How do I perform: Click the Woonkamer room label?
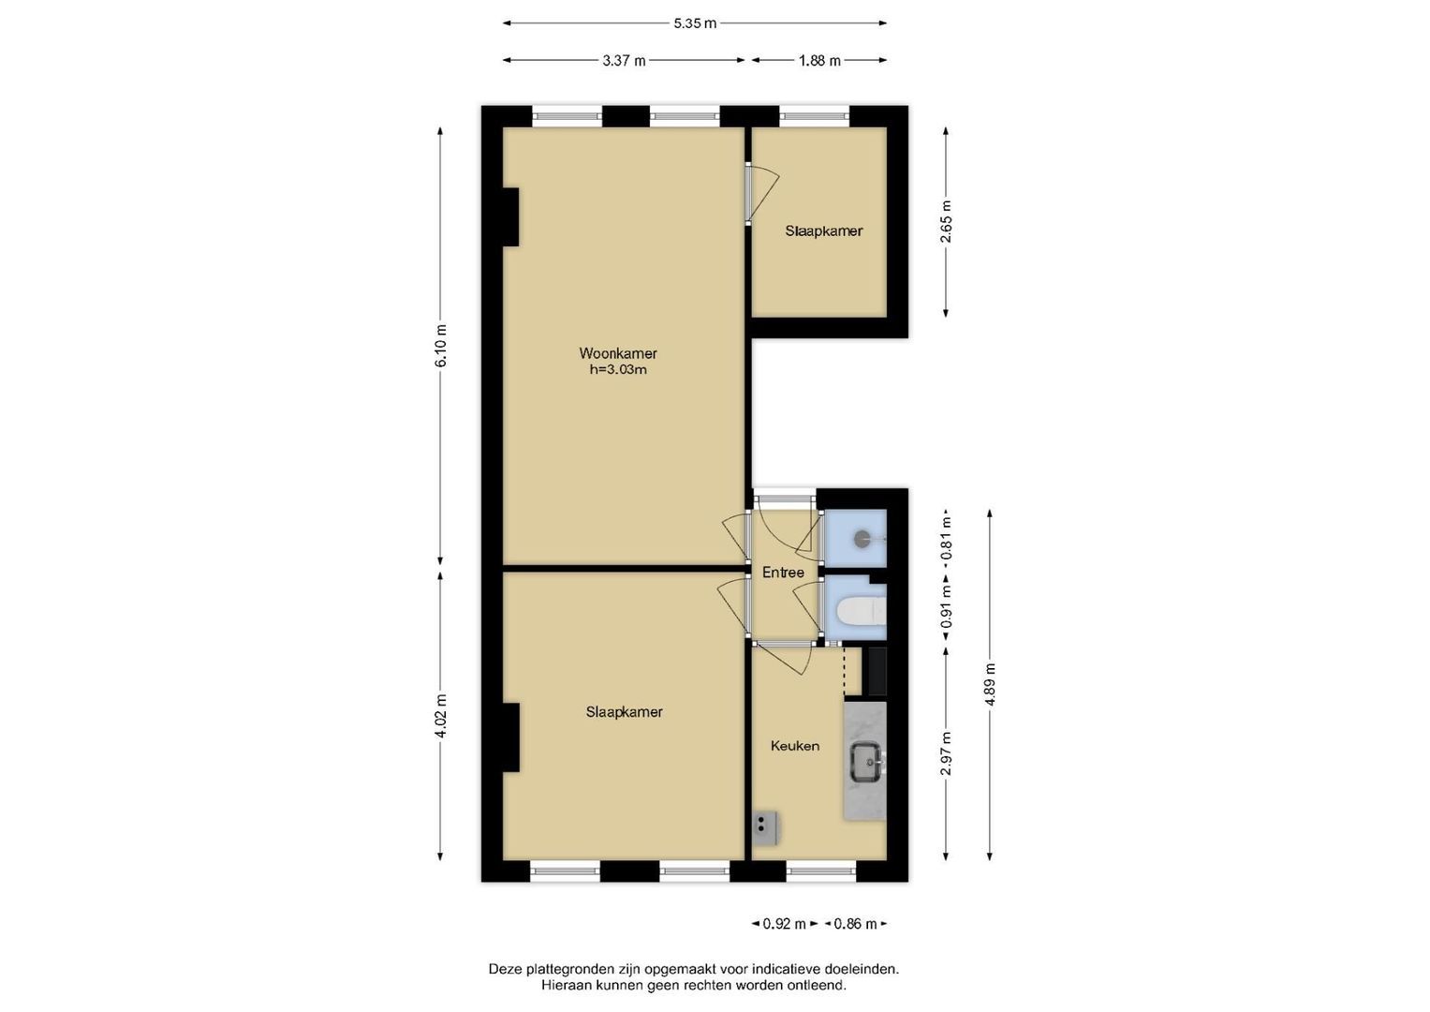tap(617, 352)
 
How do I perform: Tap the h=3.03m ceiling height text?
tap(618, 369)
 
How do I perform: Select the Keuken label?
tap(795, 746)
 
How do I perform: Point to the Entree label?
tap(783, 573)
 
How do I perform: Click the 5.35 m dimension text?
tap(695, 23)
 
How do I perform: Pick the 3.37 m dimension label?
tap(624, 61)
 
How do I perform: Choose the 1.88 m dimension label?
tap(819, 61)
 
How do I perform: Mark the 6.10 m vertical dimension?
tap(441, 346)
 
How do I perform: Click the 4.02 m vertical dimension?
tap(441, 716)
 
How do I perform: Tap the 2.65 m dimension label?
tap(946, 222)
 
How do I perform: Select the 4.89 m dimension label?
tap(990, 685)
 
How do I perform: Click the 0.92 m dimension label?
tap(785, 924)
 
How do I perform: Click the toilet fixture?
tap(862, 611)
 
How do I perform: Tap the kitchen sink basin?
tap(868, 762)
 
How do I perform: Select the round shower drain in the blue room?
tap(862, 539)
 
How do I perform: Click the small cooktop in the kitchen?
tap(765, 828)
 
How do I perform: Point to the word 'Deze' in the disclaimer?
tap(506, 969)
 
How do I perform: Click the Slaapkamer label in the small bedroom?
tap(823, 231)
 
